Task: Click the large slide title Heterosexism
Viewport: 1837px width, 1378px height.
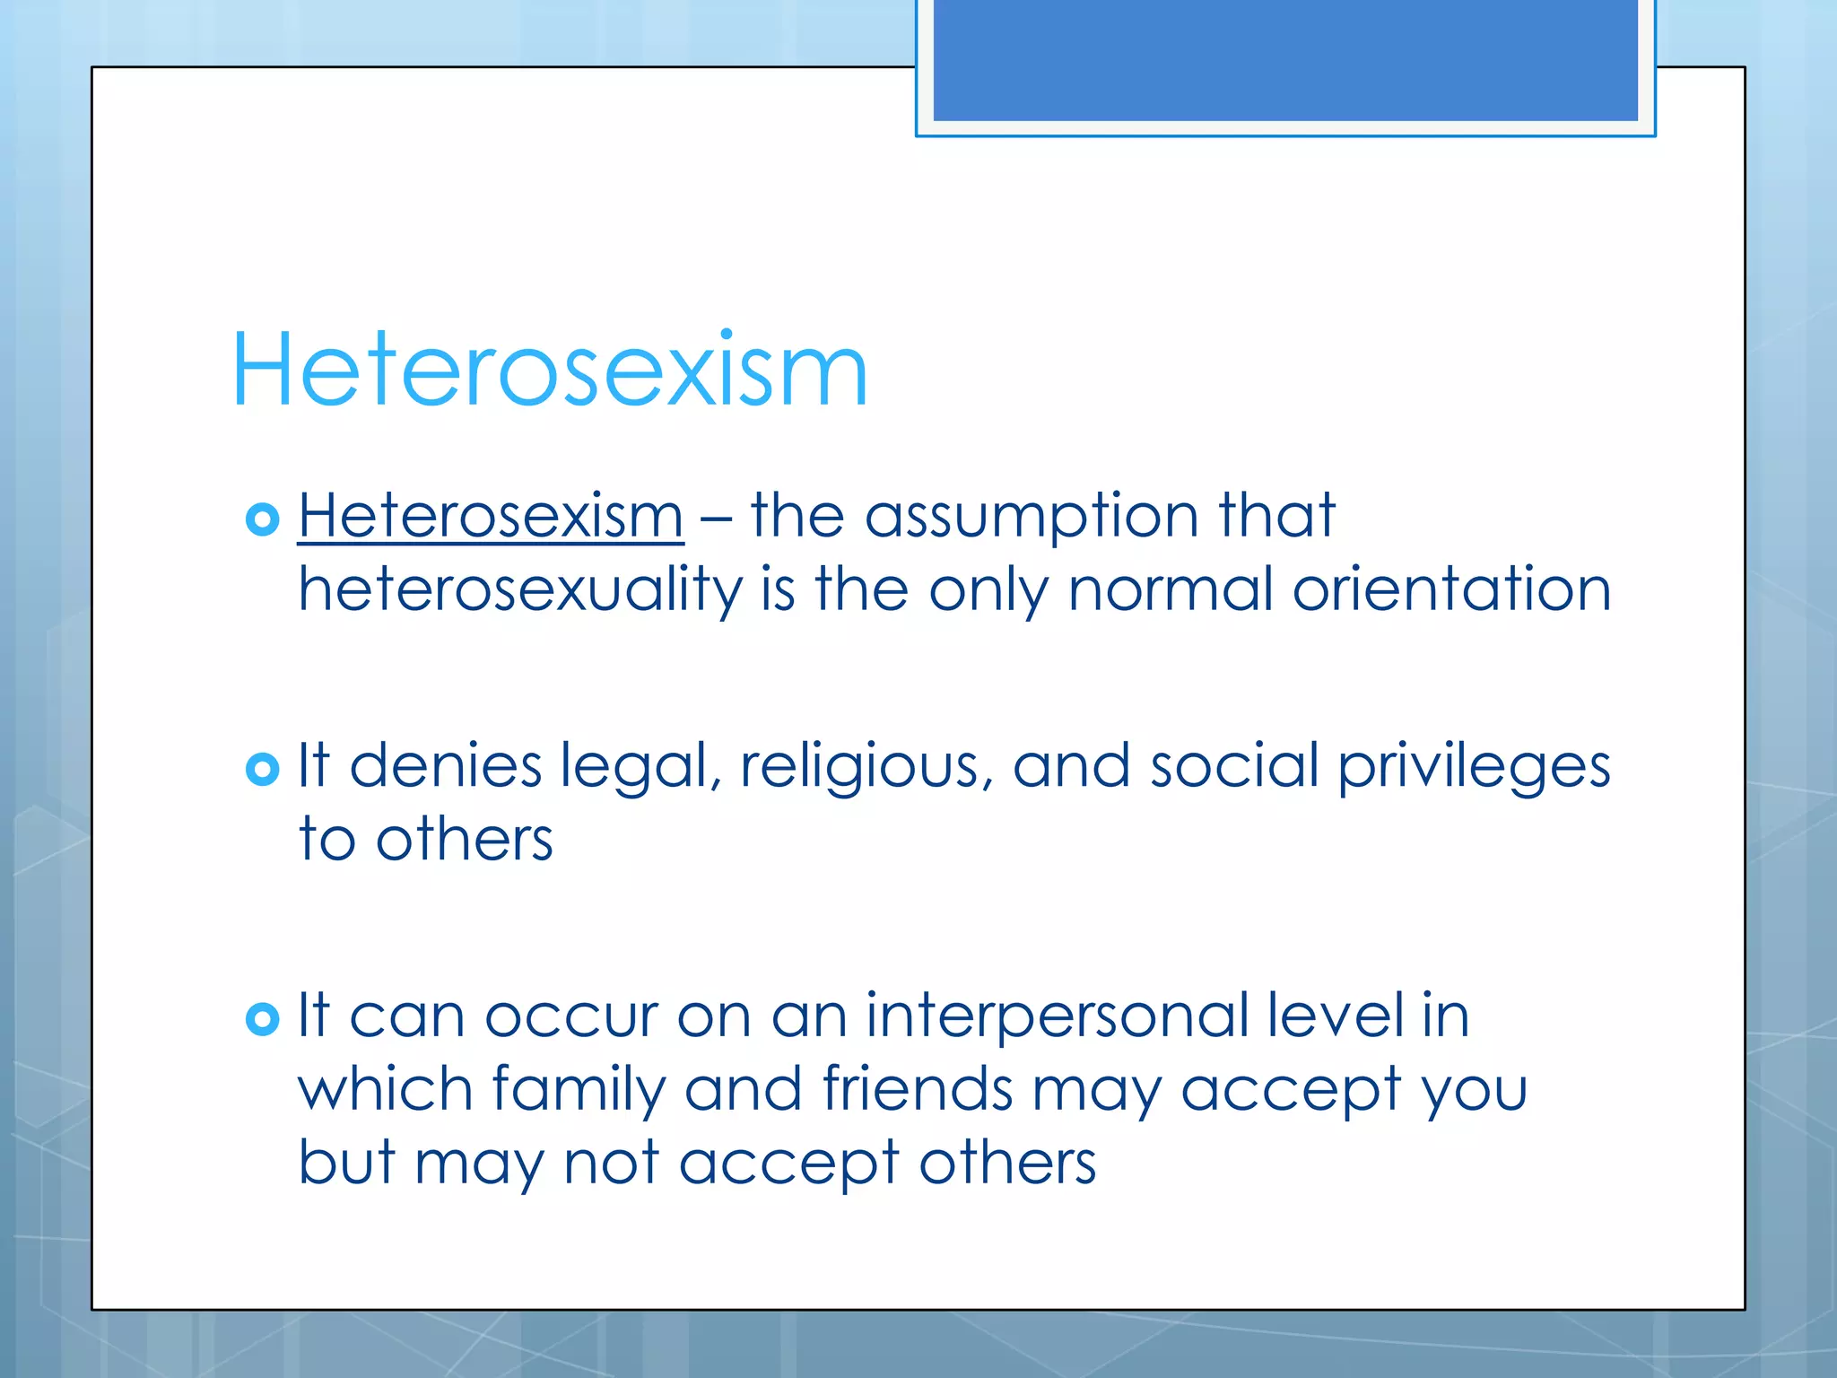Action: pos(549,370)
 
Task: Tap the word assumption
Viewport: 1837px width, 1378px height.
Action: pos(1032,518)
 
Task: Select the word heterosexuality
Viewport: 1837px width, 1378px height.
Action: pos(520,591)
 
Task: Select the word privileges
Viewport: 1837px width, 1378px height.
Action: pos(1474,768)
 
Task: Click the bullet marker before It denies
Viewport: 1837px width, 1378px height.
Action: pos(262,769)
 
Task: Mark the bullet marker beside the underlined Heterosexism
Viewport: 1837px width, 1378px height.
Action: pos(262,519)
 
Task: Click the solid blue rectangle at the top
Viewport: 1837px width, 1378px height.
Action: pos(1284,59)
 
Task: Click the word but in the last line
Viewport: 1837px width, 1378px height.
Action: pos(346,1163)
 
